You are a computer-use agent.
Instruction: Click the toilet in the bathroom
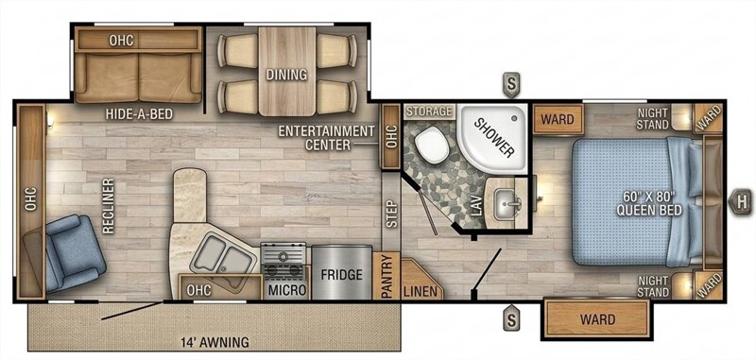pyautogui.click(x=432, y=145)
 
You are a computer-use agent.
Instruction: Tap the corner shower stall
pyautogui.click(x=493, y=137)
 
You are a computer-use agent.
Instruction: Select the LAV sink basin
pyautogui.click(x=508, y=204)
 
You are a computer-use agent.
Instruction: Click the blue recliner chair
pyautogui.click(x=72, y=252)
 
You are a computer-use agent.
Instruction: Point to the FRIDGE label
pyautogui.click(x=341, y=275)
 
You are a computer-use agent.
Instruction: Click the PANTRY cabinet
pyautogui.click(x=387, y=276)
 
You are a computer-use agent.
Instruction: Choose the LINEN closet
pyautogui.click(x=421, y=279)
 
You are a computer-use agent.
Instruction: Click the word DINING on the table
pyautogui.click(x=287, y=75)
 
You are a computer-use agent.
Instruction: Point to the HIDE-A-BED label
pyautogui.click(x=139, y=113)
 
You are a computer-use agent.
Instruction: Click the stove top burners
pyautogui.click(x=283, y=260)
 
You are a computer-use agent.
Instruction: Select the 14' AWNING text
pyautogui.click(x=215, y=342)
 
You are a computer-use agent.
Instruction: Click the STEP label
pyautogui.click(x=392, y=214)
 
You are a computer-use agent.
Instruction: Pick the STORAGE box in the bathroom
pyautogui.click(x=430, y=111)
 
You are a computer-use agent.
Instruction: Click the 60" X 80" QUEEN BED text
pyautogui.click(x=649, y=204)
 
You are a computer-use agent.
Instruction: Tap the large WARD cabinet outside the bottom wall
pyautogui.click(x=597, y=318)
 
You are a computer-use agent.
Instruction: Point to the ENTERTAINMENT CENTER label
pyautogui.click(x=326, y=137)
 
